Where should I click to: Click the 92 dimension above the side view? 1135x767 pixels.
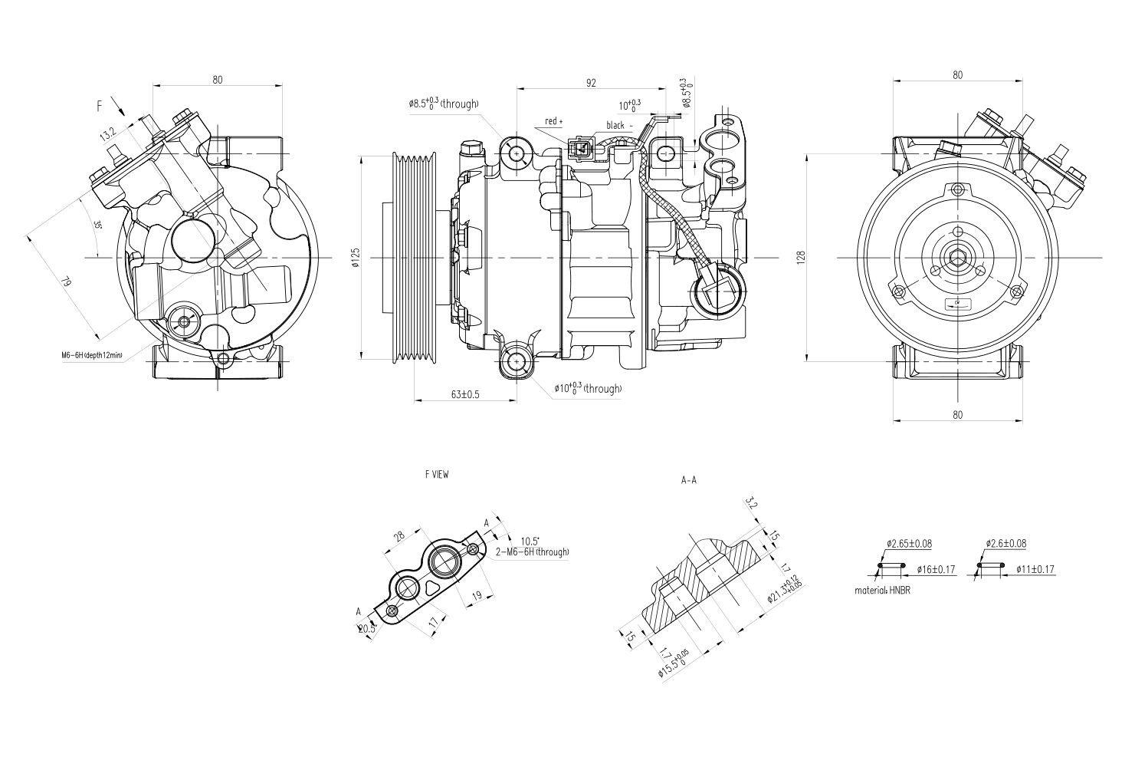click(x=591, y=83)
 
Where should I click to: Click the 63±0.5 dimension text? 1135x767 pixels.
click(x=465, y=394)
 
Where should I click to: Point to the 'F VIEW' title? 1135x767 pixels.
click(x=437, y=475)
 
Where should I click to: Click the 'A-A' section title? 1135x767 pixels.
click(x=688, y=481)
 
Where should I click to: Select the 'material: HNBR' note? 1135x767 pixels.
click(x=883, y=591)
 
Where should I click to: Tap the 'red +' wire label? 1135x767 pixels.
click(x=553, y=121)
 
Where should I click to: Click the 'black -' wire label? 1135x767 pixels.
click(x=619, y=125)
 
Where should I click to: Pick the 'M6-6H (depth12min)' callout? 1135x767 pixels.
click(x=92, y=355)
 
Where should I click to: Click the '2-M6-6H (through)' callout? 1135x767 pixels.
click(x=532, y=551)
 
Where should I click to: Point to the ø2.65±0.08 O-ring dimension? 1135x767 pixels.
click(x=909, y=544)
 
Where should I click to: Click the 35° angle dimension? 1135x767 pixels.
click(x=98, y=225)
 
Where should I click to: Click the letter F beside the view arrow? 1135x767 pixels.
click(x=99, y=107)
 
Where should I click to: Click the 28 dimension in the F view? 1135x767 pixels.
click(x=399, y=538)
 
